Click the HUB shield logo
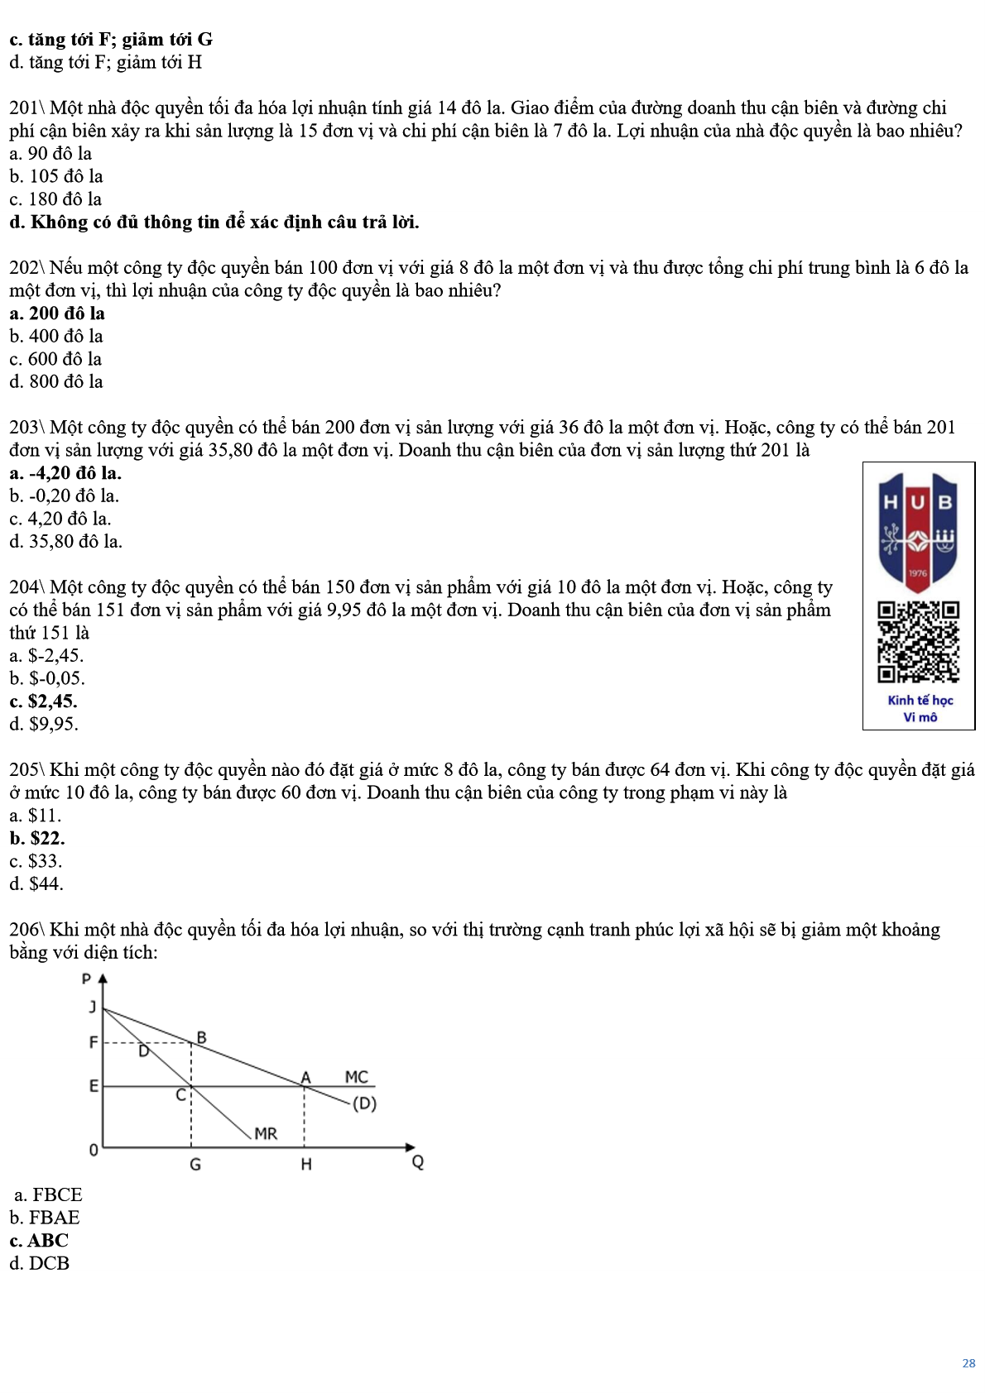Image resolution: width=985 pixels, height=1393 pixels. (918, 532)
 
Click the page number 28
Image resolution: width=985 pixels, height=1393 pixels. (968, 1363)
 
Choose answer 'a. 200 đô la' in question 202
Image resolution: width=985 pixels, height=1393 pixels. (57, 314)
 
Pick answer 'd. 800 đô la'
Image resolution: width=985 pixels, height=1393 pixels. (56, 382)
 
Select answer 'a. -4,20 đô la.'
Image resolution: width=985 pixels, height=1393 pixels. (65, 473)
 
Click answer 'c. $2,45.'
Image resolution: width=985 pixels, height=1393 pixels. (43, 701)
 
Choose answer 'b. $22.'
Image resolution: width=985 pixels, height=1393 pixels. (37, 838)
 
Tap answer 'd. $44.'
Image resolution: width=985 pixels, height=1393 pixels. (36, 884)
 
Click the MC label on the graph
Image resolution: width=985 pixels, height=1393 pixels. (356, 1077)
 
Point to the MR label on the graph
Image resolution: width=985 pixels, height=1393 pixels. (266, 1133)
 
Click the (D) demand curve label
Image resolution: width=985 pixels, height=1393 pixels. (364, 1103)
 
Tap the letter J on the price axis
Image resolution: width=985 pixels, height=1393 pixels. (93, 1007)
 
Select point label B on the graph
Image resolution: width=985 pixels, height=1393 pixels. (201, 1037)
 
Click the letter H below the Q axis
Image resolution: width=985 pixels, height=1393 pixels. (306, 1165)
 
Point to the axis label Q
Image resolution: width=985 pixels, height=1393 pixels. (418, 1162)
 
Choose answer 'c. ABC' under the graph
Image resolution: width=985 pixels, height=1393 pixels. (39, 1241)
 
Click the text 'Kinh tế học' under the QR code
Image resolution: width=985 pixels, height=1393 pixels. (920, 700)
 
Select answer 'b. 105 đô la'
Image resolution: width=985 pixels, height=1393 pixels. (56, 176)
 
